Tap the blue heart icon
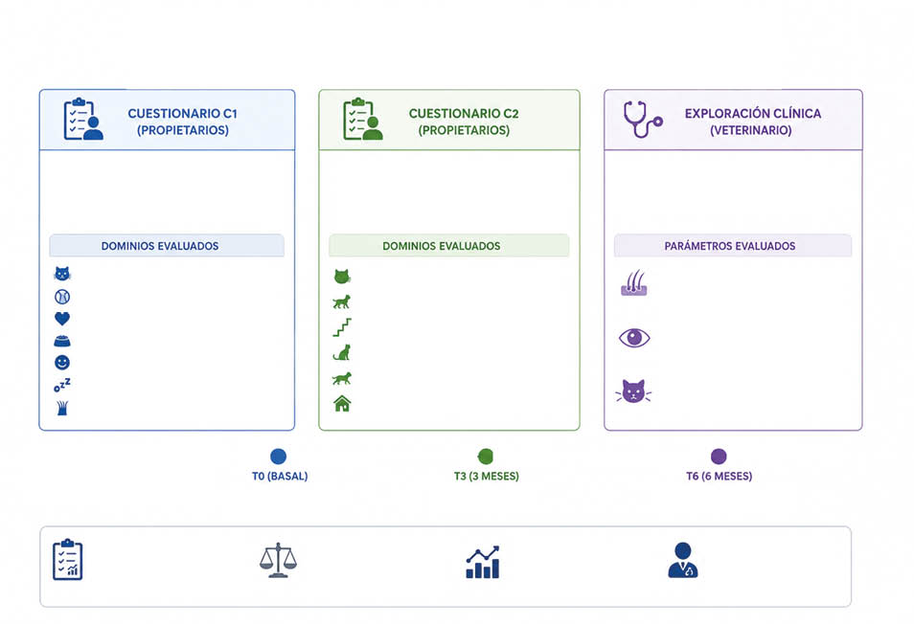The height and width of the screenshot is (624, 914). [62, 319]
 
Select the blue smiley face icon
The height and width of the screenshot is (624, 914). [62, 363]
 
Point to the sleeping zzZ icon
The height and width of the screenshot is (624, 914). [62, 385]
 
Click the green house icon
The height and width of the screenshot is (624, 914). [342, 403]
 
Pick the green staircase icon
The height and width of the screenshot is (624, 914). [342, 327]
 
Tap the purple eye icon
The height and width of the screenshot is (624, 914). [634, 338]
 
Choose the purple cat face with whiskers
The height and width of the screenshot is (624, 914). [633, 391]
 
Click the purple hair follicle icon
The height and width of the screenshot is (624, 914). [634, 283]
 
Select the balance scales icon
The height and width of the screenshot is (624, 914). [278, 560]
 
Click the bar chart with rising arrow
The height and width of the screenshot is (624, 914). [483, 563]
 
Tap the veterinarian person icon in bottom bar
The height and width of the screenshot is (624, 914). [682, 560]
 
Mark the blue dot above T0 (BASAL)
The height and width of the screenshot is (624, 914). [279, 457]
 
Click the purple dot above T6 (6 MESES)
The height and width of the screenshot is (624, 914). [719, 457]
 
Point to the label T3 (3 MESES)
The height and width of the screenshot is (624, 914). [486, 477]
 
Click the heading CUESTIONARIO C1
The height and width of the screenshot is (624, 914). [182, 114]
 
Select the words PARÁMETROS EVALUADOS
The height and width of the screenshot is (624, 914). [730, 246]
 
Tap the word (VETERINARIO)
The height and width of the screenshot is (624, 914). [751, 130]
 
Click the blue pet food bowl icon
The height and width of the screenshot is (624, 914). [62, 341]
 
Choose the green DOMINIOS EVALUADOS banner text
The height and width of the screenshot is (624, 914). [442, 246]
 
